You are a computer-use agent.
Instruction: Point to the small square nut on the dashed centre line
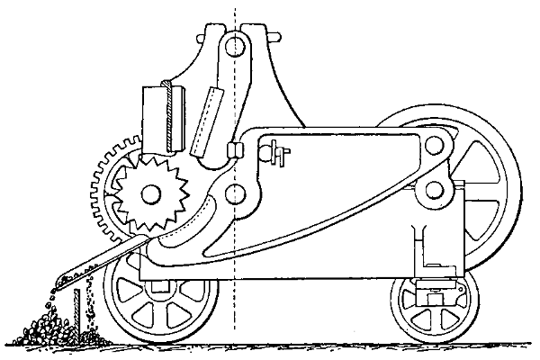coord(237,148)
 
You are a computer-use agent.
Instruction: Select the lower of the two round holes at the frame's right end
coord(439,189)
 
